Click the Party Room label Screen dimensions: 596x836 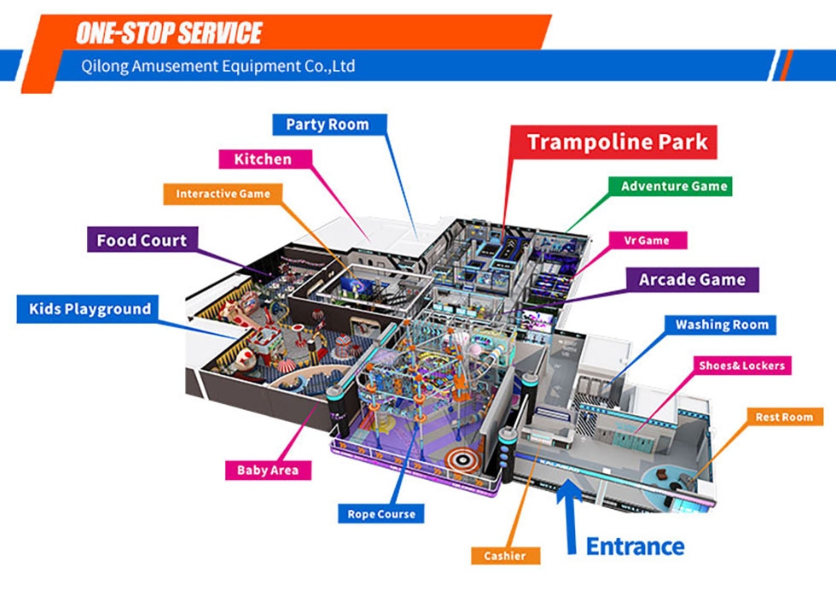coord(328,125)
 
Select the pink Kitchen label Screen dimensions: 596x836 coord(263,160)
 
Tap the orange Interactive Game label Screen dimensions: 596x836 coord(223,194)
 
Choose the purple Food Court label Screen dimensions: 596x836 coord(142,240)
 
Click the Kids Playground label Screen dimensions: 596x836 coord(90,309)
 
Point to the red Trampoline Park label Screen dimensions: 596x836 coord(618,141)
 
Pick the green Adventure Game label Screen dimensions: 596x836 coord(674,186)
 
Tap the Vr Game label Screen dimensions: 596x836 coord(647,241)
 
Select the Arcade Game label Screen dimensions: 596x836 coord(692,279)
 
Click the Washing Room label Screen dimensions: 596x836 coord(722,324)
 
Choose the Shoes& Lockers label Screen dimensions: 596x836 coord(740,365)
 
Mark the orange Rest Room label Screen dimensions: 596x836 coord(784,418)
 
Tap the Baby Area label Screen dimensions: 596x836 coord(268,470)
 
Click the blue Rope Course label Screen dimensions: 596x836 coord(381,514)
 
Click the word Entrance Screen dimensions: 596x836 coord(635,546)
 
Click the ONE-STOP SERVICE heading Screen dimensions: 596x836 coord(168,33)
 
